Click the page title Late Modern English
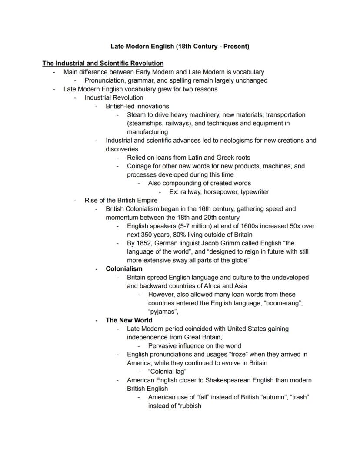(180, 46)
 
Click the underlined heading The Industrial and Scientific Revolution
(103, 63)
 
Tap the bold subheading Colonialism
(124, 268)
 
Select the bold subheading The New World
(129, 320)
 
